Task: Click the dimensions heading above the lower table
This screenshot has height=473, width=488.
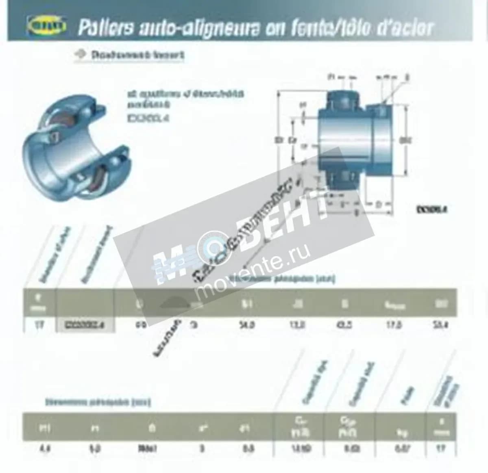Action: coord(98,402)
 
